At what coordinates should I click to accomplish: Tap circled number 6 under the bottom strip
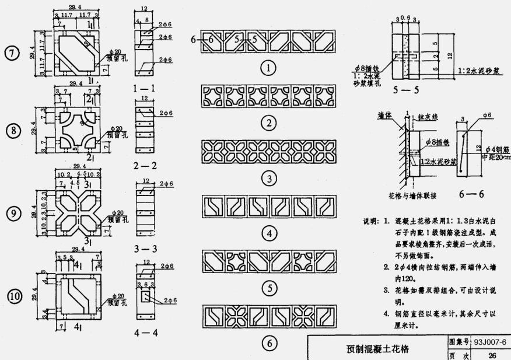coord(269,344)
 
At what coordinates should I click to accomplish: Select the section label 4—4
coord(146,333)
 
